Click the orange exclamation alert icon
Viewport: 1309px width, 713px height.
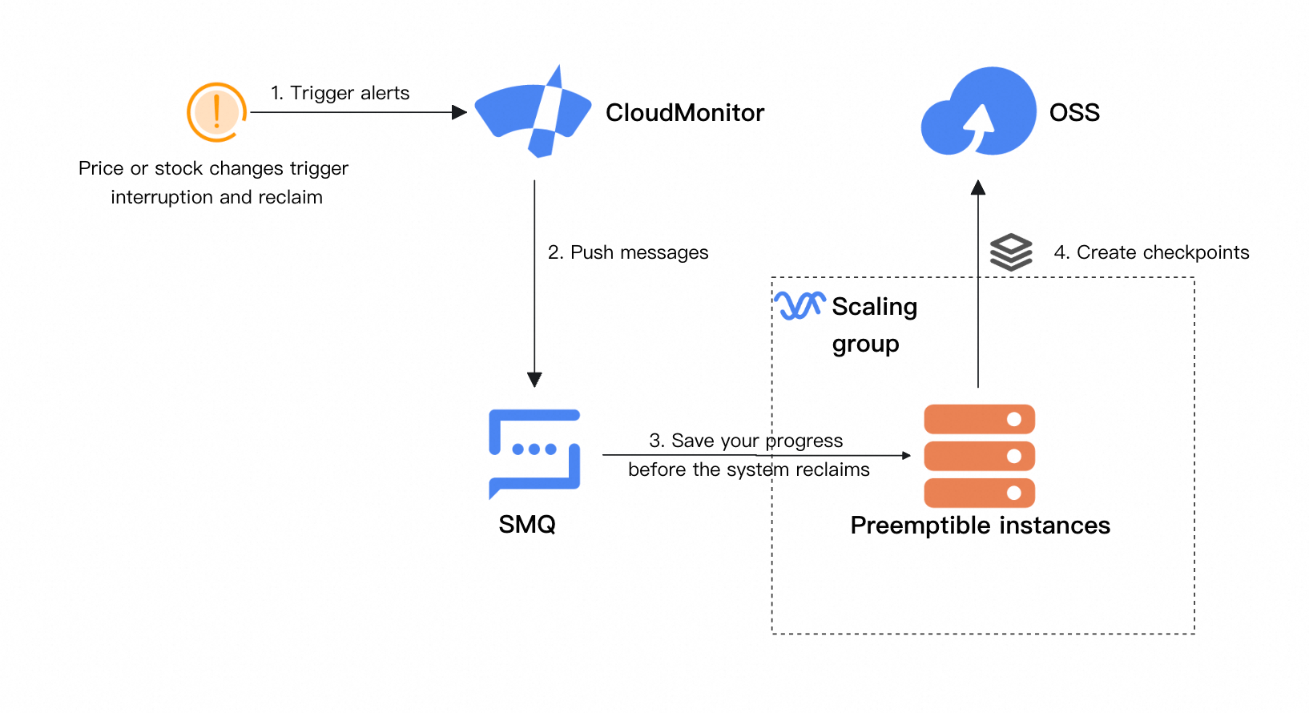(216, 112)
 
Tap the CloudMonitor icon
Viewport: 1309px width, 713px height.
(533, 112)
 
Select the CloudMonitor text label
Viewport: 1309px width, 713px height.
(685, 113)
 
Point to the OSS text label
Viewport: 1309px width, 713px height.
(1074, 113)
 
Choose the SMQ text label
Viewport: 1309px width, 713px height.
(527, 525)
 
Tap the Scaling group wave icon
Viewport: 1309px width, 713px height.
(799, 305)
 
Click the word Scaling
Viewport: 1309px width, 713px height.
(874, 307)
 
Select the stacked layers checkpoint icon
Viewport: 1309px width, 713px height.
(1011, 252)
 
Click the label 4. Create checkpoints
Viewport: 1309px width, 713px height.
(1151, 252)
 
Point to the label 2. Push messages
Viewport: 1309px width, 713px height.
(628, 252)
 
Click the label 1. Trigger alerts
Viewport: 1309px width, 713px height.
(340, 93)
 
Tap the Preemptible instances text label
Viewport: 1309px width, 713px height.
(980, 526)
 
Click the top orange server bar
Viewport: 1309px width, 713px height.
(979, 419)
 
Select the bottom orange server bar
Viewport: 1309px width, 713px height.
(979, 493)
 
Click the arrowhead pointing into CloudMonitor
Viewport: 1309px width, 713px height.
(460, 112)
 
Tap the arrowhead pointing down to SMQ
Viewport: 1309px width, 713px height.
(534, 380)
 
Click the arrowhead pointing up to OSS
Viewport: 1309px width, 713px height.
(978, 187)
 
